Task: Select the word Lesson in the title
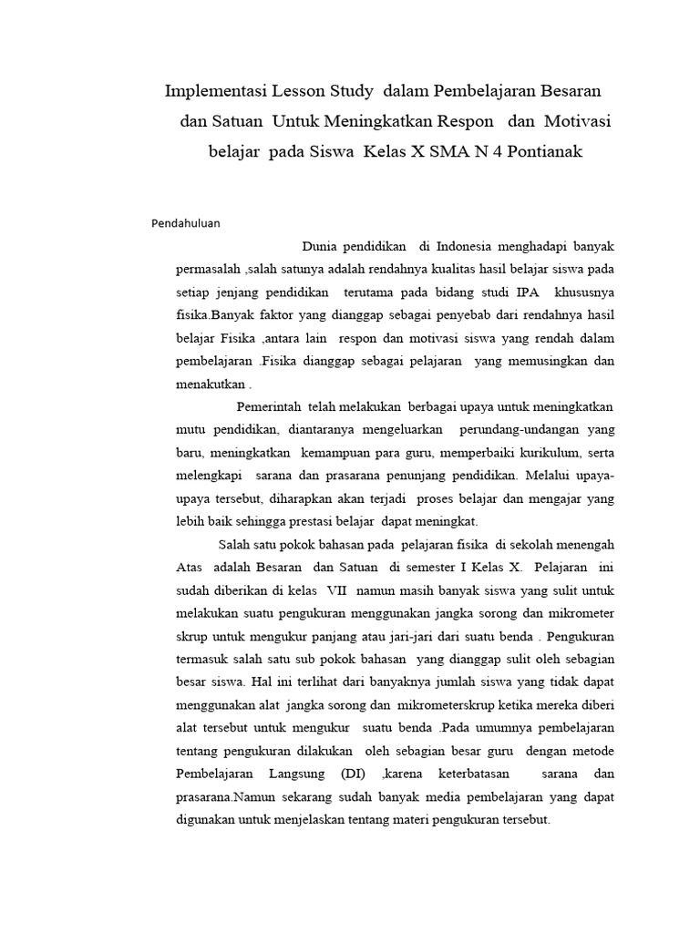[307, 92]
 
